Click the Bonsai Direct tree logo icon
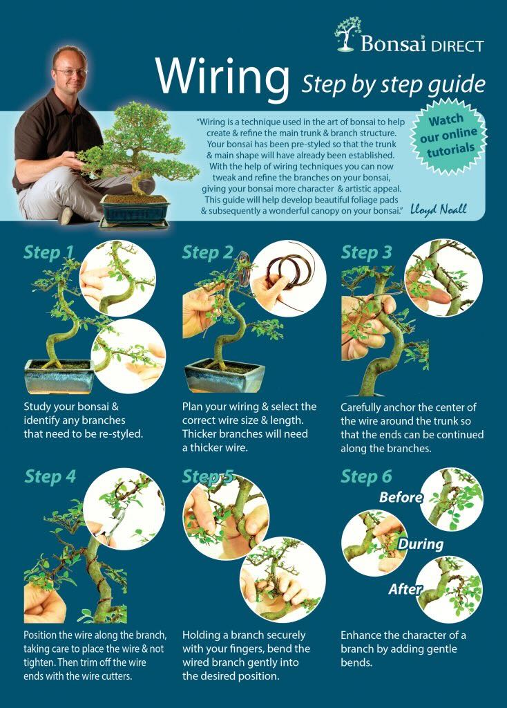coord(347,34)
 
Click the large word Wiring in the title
coord(222,77)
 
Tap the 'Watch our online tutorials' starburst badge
coord(448,136)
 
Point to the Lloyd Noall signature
coord(438,209)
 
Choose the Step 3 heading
coord(366,252)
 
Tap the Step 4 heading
coord(50,476)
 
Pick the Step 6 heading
coord(366,476)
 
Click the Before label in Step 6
coord(401,497)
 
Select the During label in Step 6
coord(421,544)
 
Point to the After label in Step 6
coord(405,589)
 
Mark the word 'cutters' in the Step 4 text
coord(116,676)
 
